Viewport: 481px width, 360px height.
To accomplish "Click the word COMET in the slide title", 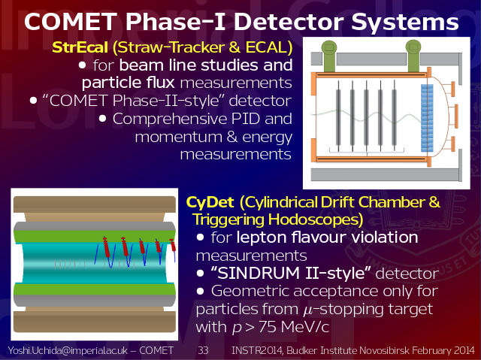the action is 71,22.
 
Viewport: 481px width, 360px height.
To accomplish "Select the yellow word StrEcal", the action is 80,47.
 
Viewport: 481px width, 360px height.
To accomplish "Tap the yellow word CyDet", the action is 210,202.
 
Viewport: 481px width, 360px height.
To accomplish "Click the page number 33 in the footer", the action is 203,350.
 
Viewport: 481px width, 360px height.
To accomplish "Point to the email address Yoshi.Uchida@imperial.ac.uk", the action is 68,350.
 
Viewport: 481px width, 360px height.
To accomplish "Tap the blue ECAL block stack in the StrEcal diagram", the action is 427,118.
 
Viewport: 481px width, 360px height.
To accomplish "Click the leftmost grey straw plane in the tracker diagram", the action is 338,116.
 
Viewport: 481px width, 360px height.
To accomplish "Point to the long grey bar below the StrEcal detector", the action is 386,175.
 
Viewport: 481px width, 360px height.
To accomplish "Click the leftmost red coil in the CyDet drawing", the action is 106,247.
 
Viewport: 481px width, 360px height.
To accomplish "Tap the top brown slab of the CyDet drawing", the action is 95,204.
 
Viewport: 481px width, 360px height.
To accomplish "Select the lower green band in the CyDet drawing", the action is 95,289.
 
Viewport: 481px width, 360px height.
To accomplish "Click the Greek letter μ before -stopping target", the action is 307,310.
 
